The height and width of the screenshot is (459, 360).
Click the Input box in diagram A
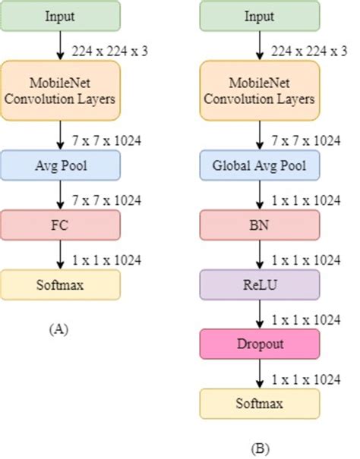tap(60, 16)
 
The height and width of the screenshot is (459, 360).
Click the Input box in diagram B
tap(260, 16)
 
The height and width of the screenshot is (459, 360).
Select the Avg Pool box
tap(60, 164)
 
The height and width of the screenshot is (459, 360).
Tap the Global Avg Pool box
tap(260, 164)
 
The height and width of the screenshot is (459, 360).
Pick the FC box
tap(60, 225)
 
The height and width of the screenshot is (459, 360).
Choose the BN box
tap(260, 225)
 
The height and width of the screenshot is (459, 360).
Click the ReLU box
tap(260, 285)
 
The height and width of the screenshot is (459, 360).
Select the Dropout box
tap(260, 344)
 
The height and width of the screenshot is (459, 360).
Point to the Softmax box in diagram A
tap(60, 285)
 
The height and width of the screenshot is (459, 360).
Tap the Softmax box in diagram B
tap(260, 403)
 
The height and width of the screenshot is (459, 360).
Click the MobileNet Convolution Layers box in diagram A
tap(60, 90)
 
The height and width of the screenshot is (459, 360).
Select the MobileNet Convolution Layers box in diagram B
tap(260, 90)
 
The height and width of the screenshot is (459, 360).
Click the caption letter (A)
tap(59, 329)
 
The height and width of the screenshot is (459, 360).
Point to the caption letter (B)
tap(259, 448)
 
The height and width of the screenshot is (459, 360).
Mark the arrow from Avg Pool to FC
tap(60, 194)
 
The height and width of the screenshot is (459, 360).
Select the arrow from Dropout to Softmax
tap(260, 373)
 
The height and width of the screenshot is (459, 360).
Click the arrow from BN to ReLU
tap(260, 255)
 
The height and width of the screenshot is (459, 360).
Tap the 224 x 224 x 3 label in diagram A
tap(108, 49)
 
